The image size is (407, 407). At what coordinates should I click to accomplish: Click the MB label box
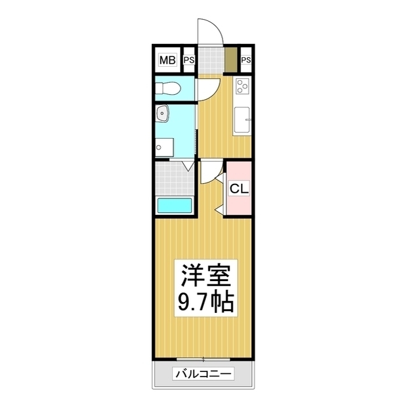click(167, 61)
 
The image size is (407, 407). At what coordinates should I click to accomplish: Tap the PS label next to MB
click(189, 61)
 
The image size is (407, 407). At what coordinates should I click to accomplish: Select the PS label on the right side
click(246, 61)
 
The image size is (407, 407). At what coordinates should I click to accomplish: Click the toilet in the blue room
click(170, 87)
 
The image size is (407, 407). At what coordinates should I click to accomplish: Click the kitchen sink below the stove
click(242, 120)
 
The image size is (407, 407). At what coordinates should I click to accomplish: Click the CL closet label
click(239, 188)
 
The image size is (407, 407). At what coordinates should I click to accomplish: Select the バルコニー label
click(203, 374)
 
